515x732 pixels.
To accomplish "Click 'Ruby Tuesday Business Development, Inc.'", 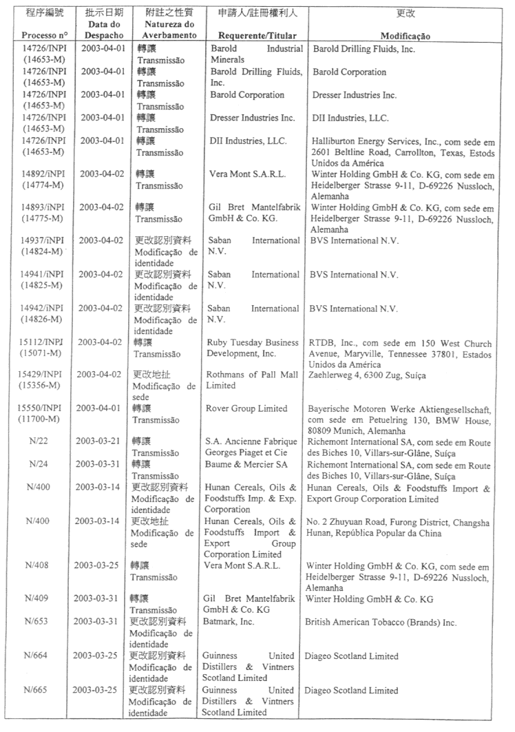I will tap(253, 348).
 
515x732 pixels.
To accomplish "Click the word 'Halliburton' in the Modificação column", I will tap(336, 140).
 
